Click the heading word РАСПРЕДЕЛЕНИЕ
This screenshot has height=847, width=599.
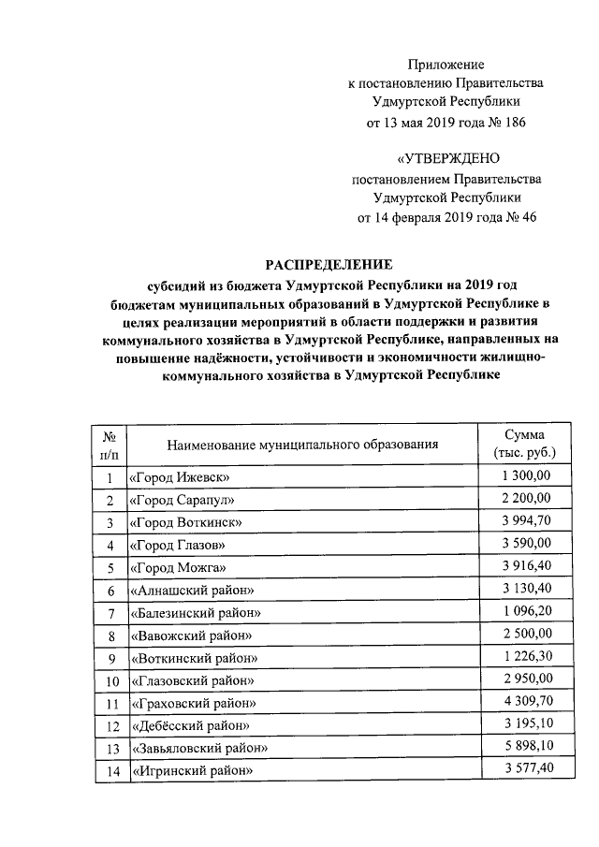(330, 265)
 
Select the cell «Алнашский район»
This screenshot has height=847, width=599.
(192, 591)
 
